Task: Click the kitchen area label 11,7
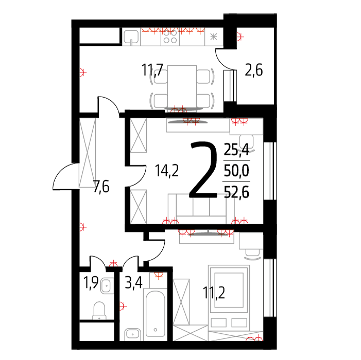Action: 152,70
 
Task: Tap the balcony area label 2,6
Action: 254,70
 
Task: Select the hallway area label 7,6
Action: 101,187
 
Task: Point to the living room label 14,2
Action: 167,170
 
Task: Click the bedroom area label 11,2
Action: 214,293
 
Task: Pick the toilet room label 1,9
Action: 91,282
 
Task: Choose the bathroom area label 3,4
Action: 134,282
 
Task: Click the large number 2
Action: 203,170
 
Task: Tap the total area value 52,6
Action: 236,192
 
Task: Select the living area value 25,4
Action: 236,150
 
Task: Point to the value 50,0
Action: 236,171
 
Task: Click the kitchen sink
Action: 131,37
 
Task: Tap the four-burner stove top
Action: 170,37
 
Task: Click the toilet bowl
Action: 99,311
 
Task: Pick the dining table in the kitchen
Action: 182,87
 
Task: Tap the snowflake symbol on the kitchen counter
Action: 214,37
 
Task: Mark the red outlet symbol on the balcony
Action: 240,37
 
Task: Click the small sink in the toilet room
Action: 107,286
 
